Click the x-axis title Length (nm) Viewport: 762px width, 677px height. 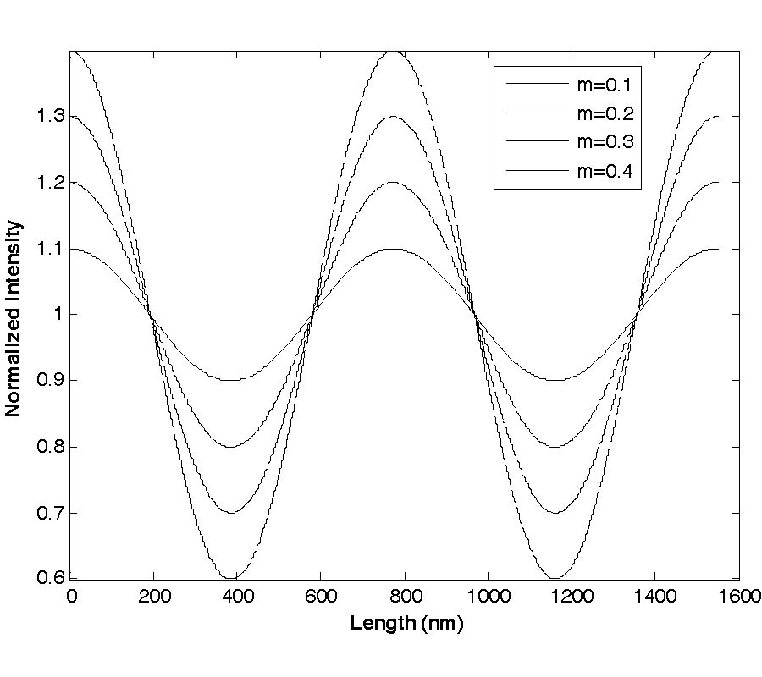(407, 625)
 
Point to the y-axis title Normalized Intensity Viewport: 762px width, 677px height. (14, 318)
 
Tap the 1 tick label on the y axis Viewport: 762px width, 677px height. (57, 315)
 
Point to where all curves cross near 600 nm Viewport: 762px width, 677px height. (312, 315)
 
